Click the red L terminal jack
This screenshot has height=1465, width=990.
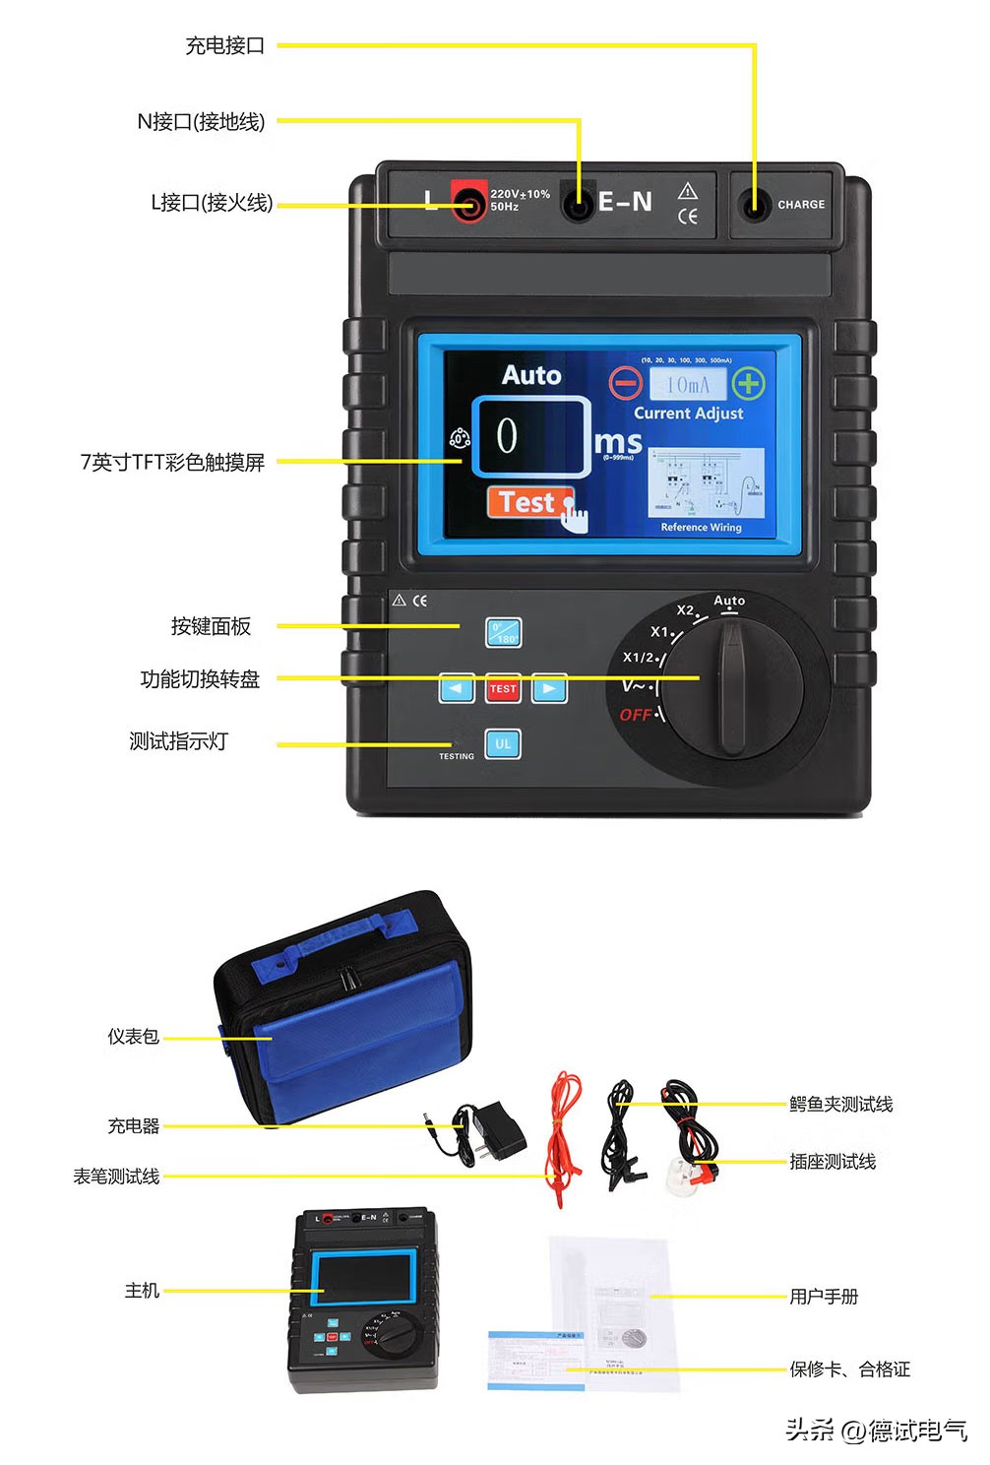coord(470,203)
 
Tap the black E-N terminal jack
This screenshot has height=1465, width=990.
coord(578,203)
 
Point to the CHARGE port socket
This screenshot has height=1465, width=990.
coord(755,204)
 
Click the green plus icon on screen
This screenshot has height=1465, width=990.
coord(749,383)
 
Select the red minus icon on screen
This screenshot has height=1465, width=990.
coord(625,383)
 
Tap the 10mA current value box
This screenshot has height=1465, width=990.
coord(687,384)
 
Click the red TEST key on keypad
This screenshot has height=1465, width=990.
coord(503,688)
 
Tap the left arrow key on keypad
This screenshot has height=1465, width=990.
coord(456,688)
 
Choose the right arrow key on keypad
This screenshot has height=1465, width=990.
coord(549,688)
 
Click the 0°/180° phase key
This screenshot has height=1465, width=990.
coord(504,632)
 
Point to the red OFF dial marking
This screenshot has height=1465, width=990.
coord(636,715)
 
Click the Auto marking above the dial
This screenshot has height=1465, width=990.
coord(729,601)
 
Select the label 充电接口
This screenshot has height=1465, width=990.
coord(225,45)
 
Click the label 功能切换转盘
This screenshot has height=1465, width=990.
coord(200,679)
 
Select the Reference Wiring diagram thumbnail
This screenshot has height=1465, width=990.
coord(706,482)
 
